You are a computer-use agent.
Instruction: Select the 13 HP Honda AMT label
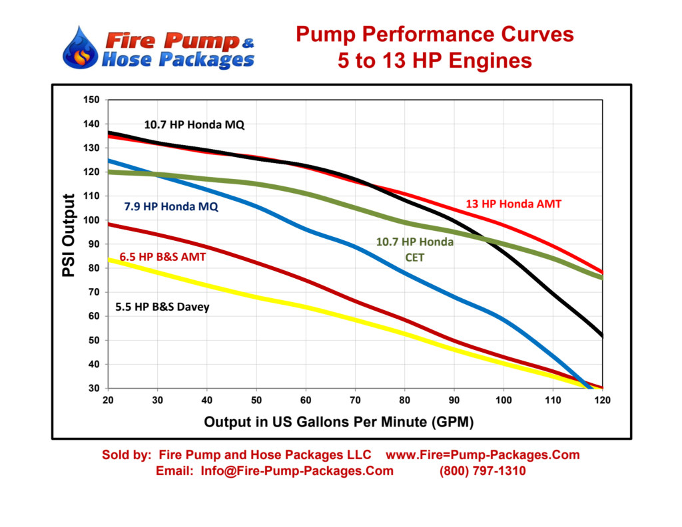pyautogui.click(x=513, y=204)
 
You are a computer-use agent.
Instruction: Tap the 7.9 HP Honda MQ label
pyautogui.click(x=171, y=206)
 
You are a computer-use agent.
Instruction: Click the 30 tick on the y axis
pyautogui.click(x=94, y=388)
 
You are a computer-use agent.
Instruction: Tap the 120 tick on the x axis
pyautogui.click(x=603, y=401)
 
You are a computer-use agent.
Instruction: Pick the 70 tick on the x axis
pyautogui.click(x=355, y=401)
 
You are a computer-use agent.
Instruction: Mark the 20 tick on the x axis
pyautogui.click(x=107, y=401)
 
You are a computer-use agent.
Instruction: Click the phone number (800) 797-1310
pyautogui.click(x=482, y=471)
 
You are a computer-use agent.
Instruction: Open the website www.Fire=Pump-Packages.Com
pyautogui.click(x=483, y=455)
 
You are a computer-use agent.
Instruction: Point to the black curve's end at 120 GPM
pyautogui.click(x=602, y=336)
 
